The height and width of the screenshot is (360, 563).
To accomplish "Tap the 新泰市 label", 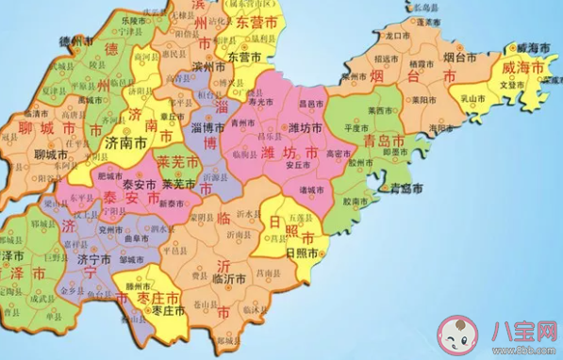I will pyautogui.click(x=171, y=205).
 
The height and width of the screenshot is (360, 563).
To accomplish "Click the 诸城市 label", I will pyautogui.click(x=308, y=188).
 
